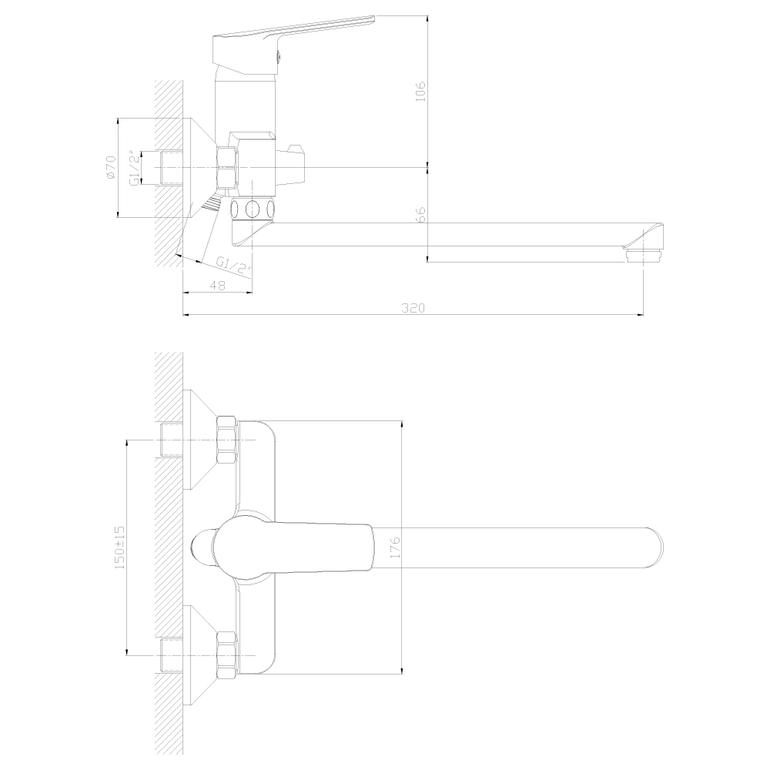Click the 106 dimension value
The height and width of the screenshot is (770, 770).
point(420,91)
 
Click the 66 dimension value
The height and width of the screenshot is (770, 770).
point(420,215)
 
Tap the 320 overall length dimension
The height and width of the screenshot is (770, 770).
point(413,308)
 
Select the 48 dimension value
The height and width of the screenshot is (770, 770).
point(218,286)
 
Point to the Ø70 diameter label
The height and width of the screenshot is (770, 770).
point(110,167)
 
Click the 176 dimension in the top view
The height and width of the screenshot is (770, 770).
point(395,547)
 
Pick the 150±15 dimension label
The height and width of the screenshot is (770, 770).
point(119,547)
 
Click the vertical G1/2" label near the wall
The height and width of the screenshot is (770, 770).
point(135,167)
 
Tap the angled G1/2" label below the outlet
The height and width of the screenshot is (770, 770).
point(234,266)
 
